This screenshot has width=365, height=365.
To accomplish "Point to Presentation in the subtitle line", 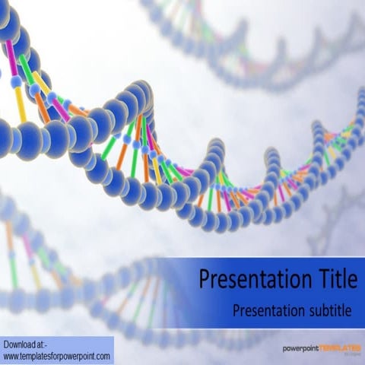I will tap(265, 309).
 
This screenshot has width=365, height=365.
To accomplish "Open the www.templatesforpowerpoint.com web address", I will tap(57, 355).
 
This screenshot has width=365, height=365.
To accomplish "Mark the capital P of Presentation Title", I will tap(205, 281).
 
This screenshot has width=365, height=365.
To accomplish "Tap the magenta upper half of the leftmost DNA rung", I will tap(11, 57).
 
